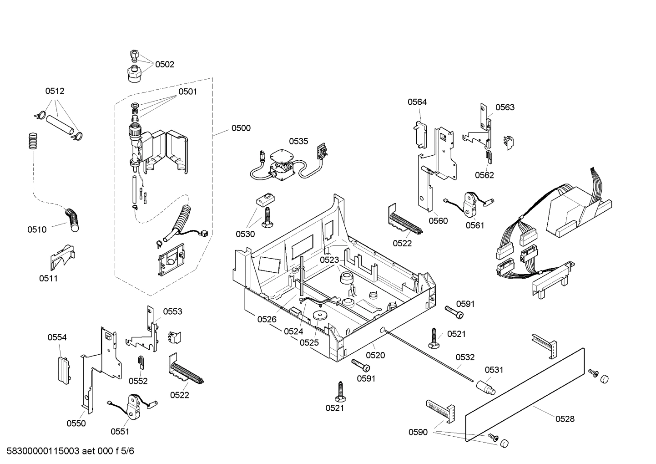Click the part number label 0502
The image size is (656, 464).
164,64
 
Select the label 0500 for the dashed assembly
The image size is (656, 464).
241,128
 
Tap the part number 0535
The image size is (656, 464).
298,141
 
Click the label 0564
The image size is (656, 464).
417,102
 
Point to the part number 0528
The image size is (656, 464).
565,419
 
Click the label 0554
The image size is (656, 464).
57,337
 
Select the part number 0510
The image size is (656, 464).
37,229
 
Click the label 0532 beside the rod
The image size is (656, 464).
465,357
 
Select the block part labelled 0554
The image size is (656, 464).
62,368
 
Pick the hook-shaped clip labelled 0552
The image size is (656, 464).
141,362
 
